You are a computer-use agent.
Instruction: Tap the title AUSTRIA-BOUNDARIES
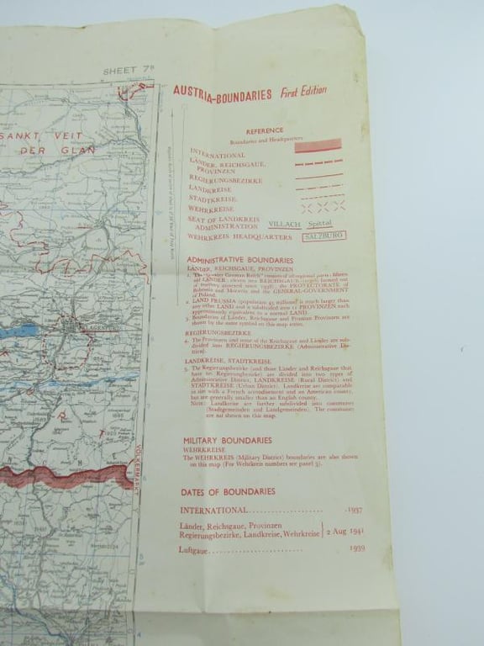pos(222,94)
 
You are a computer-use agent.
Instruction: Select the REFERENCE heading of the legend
pos(265,131)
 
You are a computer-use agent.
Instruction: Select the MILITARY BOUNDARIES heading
pos(227,440)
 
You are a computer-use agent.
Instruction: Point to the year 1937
pos(354,511)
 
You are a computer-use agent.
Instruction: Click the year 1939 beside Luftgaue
pos(355,551)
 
